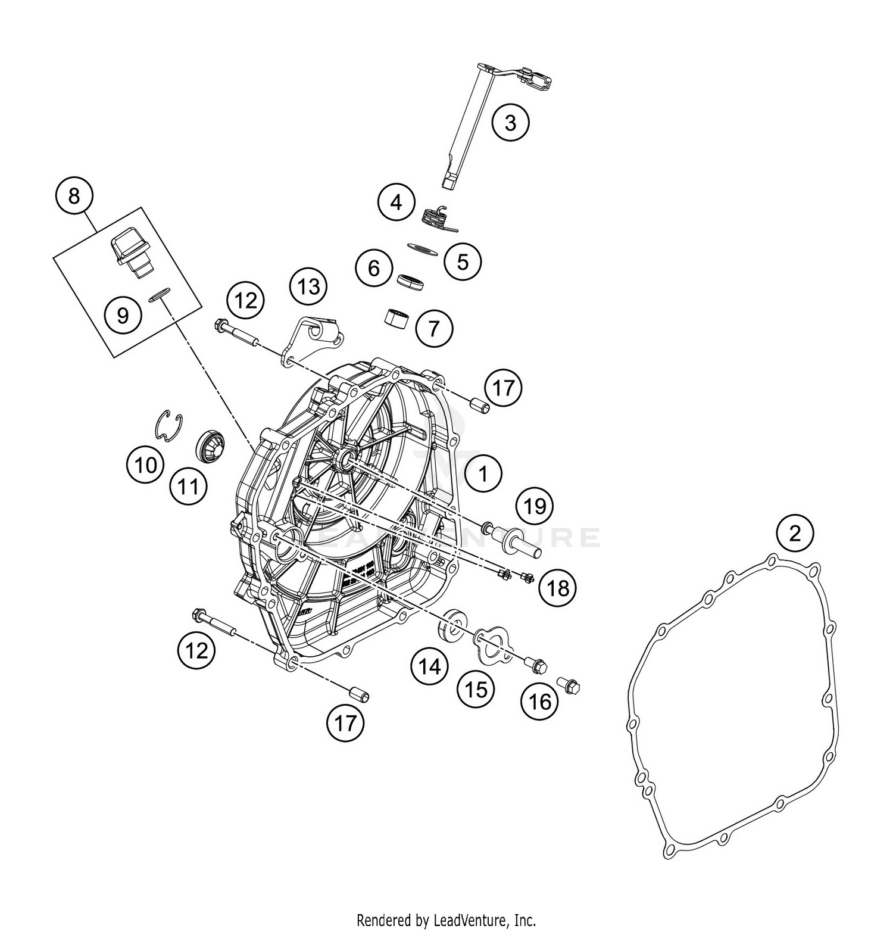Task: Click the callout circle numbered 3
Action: (x=510, y=123)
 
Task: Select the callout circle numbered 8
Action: (x=74, y=195)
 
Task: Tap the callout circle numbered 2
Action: (x=795, y=533)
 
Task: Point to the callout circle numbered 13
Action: (x=308, y=287)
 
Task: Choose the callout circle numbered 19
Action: (x=535, y=506)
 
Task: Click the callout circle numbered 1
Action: (x=483, y=474)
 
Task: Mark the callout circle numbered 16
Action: (x=540, y=702)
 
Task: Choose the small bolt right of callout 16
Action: (x=569, y=685)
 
